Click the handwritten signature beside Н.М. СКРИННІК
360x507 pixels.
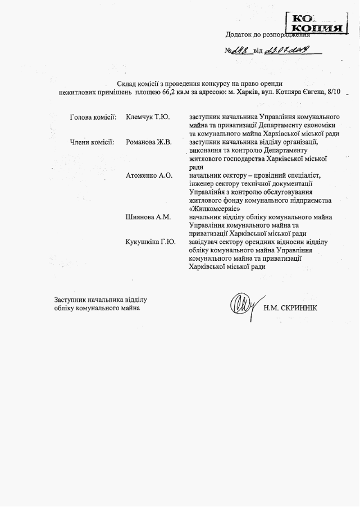coord(243,305)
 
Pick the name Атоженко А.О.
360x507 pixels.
coord(149,176)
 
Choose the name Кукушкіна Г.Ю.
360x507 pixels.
coord(151,242)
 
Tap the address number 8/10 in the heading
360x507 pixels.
coord(332,91)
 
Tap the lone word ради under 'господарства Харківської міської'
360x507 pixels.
coord(196,167)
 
